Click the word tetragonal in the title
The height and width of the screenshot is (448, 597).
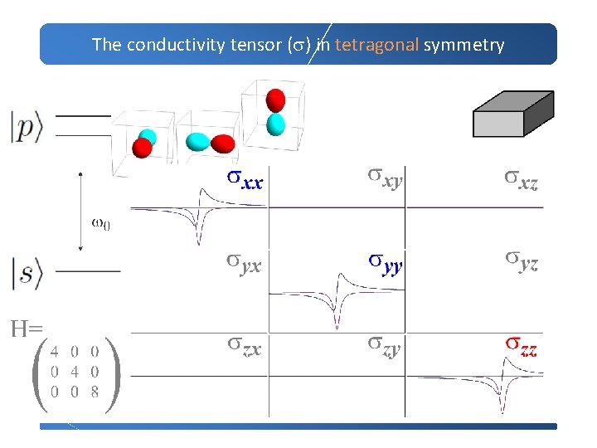pyautogui.click(x=376, y=45)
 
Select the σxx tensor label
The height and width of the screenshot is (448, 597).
pyautogui.click(x=245, y=179)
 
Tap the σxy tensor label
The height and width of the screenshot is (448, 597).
pyautogui.click(x=386, y=178)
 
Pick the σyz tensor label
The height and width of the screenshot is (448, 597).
pyautogui.click(x=522, y=263)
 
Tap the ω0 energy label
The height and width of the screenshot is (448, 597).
pyautogui.click(x=99, y=225)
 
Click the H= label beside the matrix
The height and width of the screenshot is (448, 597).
pyautogui.click(x=26, y=329)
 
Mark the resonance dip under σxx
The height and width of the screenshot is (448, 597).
pyautogui.click(x=199, y=232)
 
